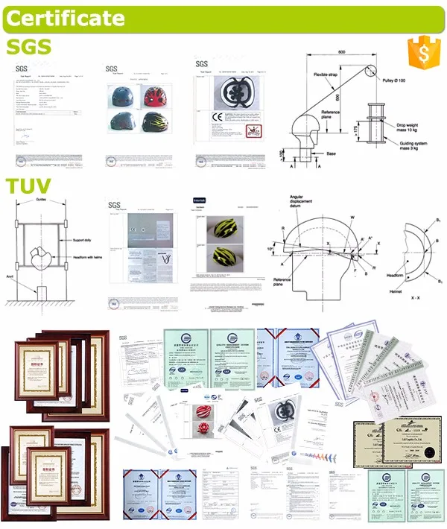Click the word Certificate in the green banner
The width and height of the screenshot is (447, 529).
(x=66, y=16)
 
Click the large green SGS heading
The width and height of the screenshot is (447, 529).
(x=28, y=48)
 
